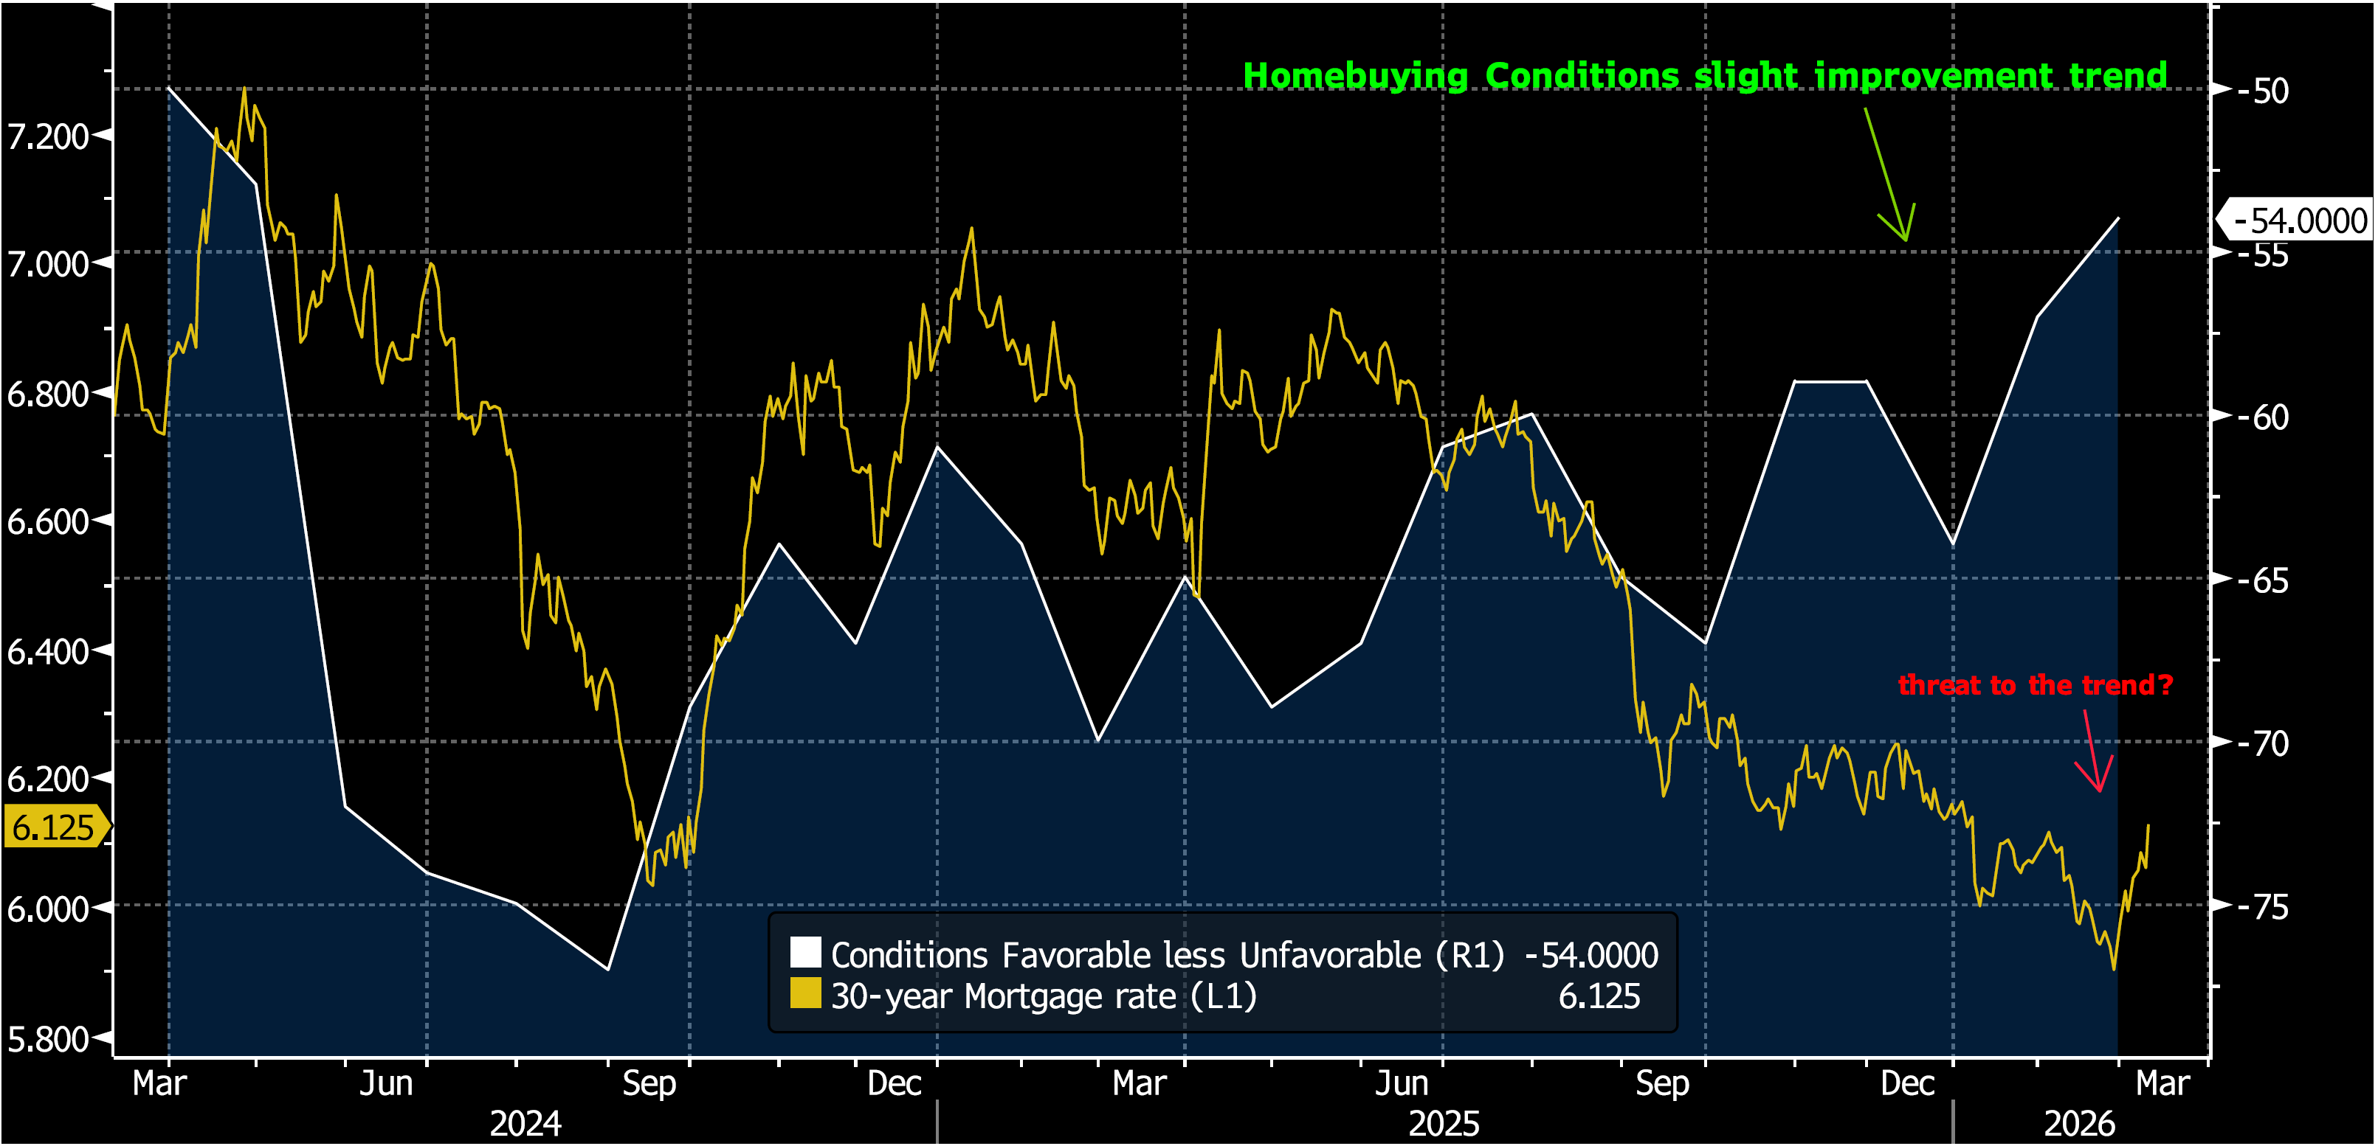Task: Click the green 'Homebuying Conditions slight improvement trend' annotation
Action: (x=1704, y=76)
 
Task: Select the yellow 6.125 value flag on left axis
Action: (x=54, y=827)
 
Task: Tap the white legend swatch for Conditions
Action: (x=805, y=952)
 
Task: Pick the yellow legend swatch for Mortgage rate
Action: (x=805, y=994)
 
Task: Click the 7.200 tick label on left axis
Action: (x=48, y=136)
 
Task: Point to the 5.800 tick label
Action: (x=48, y=1039)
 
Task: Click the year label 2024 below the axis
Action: (x=525, y=1123)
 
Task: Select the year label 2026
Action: (x=2079, y=1123)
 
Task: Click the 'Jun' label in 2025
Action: (x=1402, y=1083)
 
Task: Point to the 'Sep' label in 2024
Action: (x=649, y=1083)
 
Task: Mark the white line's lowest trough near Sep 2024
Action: (x=607, y=969)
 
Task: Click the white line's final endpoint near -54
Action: (x=2117, y=219)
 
